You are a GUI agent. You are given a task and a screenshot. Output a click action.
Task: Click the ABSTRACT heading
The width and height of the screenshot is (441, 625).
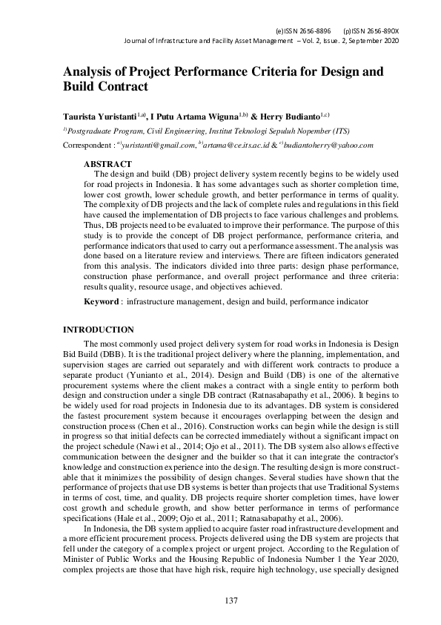pyautogui.click(x=107, y=163)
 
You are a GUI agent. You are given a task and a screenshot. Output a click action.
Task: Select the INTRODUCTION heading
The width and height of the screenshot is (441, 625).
pyautogui.click(x=99, y=329)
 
